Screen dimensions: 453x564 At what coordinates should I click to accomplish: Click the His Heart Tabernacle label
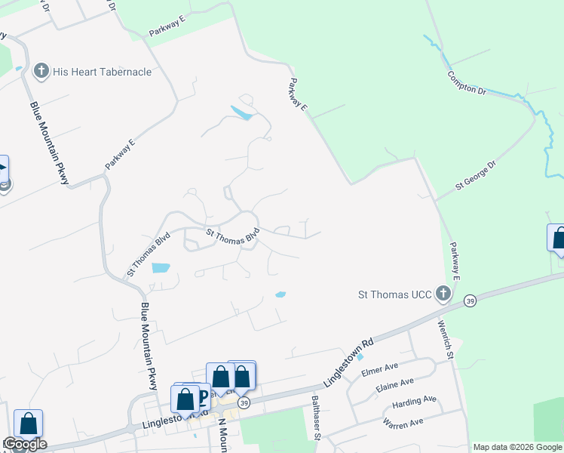click(x=103, y=72)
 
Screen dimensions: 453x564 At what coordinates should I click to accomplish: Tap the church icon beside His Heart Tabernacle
click(x=42, y=72)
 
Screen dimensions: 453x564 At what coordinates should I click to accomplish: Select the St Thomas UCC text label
click(x=394, y=293)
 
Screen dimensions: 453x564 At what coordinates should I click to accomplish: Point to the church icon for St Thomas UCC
click(x=443, y=293)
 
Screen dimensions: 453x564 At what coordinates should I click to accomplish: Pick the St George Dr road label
click(x=476, y=174)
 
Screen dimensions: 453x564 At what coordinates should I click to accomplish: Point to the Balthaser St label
click(x=317, y=417)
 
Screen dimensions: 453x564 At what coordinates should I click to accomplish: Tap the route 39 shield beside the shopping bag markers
click(x=244, y=402)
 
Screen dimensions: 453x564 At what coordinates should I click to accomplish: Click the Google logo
click(x=25, y=444)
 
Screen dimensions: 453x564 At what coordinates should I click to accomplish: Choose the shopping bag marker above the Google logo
click(x=28, y=424)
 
